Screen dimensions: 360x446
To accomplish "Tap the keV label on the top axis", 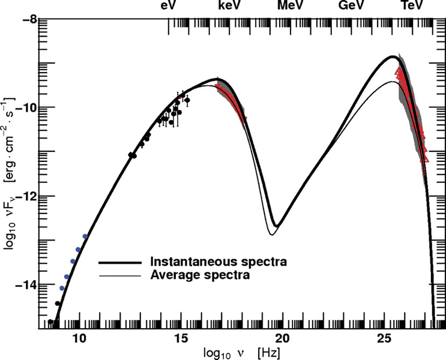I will coord(231,6).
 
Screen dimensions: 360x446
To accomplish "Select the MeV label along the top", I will coord(291,6).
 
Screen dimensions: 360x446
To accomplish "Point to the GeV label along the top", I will coord(352,6).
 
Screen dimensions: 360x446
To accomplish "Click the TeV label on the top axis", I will coord(412,6).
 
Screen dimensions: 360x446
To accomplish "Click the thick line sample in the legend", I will coord(120,262).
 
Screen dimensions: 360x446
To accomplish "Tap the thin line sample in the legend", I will coord(120,276).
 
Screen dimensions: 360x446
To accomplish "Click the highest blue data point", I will coord(85,236).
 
